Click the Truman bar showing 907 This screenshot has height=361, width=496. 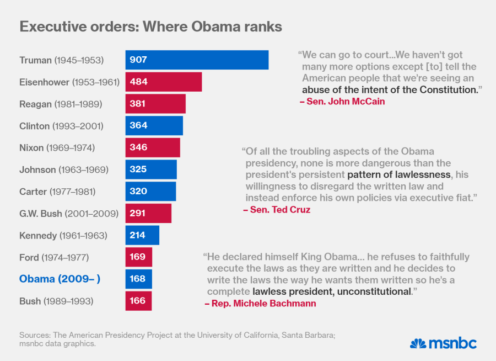197,60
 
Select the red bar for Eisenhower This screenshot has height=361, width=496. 164,82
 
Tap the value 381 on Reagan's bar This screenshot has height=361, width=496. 138,104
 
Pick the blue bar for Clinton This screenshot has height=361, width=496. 154,126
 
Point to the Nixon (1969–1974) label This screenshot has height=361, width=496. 57,148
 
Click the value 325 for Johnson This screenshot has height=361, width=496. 138,169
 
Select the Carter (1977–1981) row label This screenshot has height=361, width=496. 58,192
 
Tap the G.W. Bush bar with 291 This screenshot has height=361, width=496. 148,213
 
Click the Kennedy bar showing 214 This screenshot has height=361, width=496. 142,235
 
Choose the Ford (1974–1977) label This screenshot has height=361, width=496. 54,257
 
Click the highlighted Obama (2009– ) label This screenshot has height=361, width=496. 60,279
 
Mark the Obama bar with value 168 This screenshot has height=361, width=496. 138,279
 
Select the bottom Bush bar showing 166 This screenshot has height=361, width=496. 138,301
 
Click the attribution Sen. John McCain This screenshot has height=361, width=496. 342,102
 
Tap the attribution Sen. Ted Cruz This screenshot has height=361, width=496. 276,210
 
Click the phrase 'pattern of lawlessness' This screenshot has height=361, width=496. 399,175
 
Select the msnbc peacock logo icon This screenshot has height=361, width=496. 418,343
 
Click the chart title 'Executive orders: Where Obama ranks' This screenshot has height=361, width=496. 151,26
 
